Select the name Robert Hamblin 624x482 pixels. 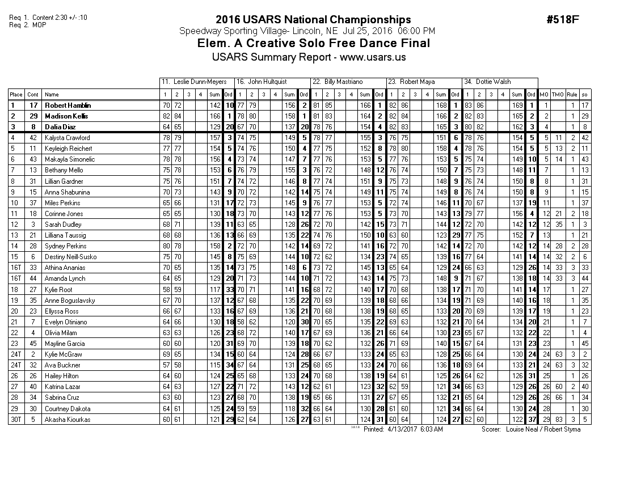point(68,105)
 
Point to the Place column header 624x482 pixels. point(16,95)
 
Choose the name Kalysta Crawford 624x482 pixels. point(67,138)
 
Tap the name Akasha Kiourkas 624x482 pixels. point(67,420)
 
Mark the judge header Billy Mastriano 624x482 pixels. point(344,82)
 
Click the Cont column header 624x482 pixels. point(33,95)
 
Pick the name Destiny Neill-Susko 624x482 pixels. point(71,257)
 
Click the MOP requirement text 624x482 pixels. point(39,24)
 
